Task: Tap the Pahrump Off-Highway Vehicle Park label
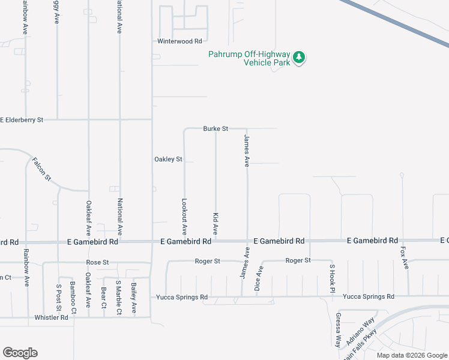tap(249, 58)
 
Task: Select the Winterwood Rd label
tap(179, 41)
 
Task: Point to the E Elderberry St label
tap(22, 120)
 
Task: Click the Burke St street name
tap(215, 128)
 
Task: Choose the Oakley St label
tap(168, 159)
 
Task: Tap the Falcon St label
tap(42, 170)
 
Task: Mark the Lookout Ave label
tap(184, 217)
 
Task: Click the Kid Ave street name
tap(215, 223)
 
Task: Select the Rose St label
tap(97, 262)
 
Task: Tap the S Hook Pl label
tap(331, 278)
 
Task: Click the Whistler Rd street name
tap(51, 317)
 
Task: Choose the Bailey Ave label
tap(134, 299)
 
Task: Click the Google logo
tap(20, 353)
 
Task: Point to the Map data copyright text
tap(412, 355)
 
